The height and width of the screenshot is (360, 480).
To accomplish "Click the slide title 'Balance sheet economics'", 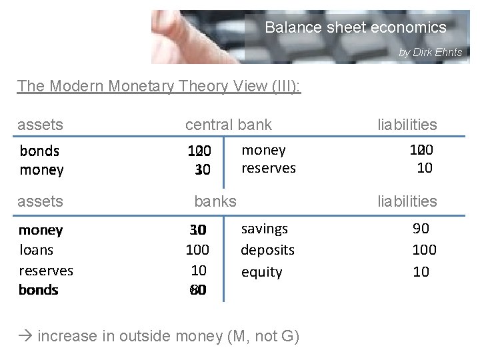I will click(x=355, y=28).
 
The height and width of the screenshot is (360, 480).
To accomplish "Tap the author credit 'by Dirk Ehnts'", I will click(x=430, y=52).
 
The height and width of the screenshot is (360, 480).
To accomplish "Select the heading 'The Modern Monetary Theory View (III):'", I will click(x=159, y=86).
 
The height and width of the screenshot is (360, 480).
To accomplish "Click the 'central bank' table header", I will click(x=229, y=124).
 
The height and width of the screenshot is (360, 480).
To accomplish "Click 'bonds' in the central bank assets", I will click(x=39, y=151).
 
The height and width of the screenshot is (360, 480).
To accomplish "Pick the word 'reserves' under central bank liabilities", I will click(x=268, y=169).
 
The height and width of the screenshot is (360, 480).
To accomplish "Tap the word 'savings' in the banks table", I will click(x=264, y=229).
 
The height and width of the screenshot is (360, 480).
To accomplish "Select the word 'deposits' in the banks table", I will click(x=267, y=250).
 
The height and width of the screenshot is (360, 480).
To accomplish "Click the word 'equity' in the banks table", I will click(x=261, y=272).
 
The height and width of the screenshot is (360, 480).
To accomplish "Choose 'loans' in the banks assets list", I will click(x=36, y=250).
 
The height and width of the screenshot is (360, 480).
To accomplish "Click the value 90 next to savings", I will click(x=421, y=229).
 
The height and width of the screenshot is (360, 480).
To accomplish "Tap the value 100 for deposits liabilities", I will click(x=424, y=250).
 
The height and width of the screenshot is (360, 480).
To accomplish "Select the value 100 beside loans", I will click(x=197, y=250).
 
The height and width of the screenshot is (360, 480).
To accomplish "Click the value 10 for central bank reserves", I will click(x=424, y=168).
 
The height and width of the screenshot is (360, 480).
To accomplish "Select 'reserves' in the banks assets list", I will click(x=46, y=270).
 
